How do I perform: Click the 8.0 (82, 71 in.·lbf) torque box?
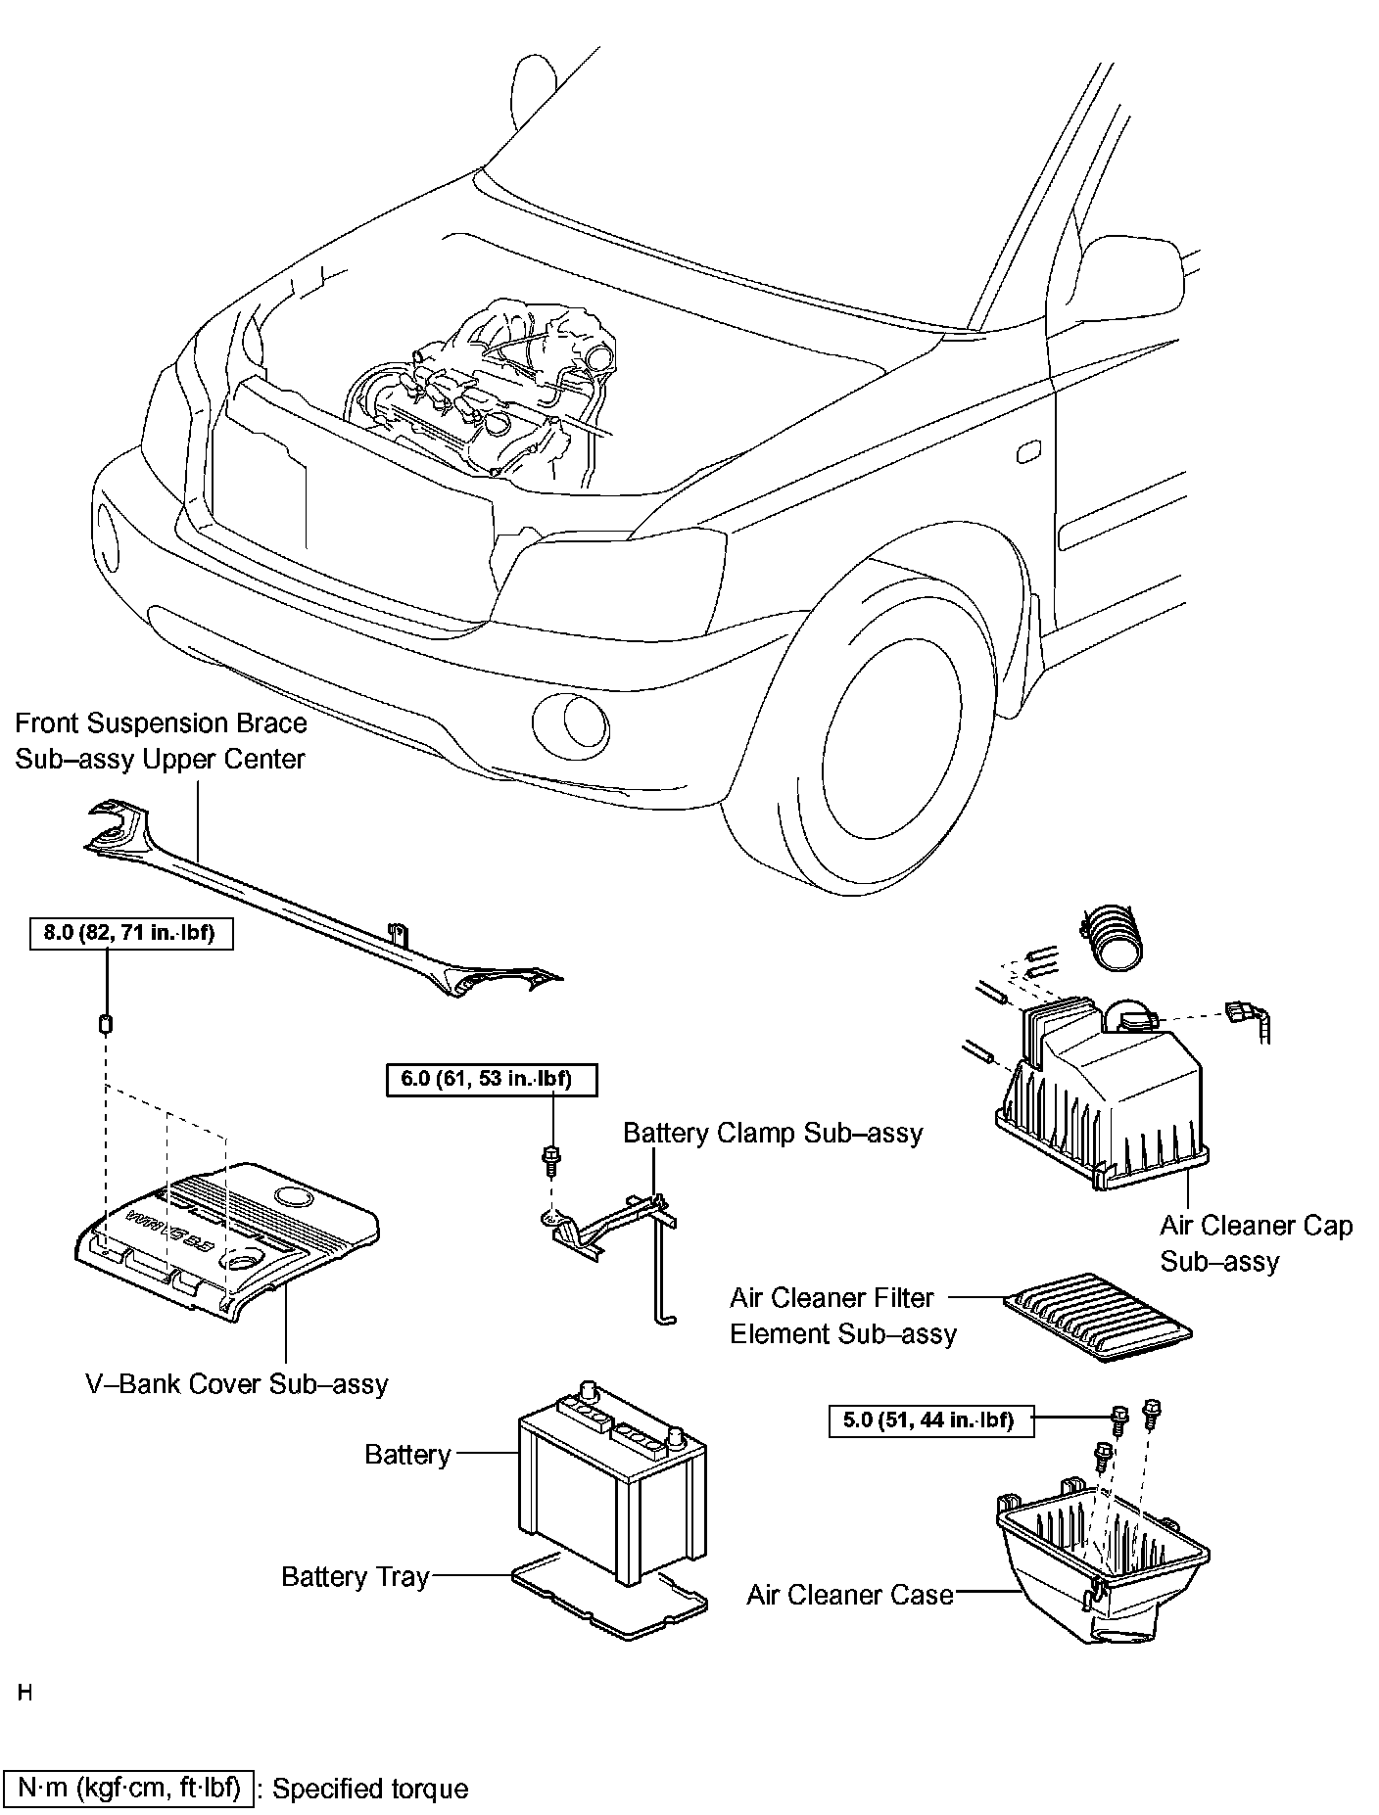(x=129, y=933)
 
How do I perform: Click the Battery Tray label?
(x=355, y=1577)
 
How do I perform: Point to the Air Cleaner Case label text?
(x=849, y=1595)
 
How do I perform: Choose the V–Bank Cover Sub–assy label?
(x=236, y=1383)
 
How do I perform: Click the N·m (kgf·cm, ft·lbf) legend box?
(x=128, y=1788)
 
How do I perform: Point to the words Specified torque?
(x=370, y=1789)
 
